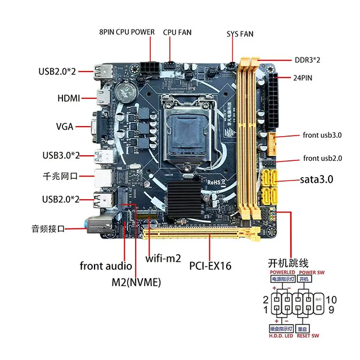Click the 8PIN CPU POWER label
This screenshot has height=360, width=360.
click(127, 32)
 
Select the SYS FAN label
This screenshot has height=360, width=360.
click(240, 34)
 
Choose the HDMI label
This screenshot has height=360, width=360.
click(69, 98)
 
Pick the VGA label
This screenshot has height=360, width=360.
click(65, 126)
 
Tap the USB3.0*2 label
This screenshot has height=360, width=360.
click(61, 155)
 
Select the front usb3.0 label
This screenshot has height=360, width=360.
click(323, 136)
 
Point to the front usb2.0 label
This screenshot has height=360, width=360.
click(323, 158)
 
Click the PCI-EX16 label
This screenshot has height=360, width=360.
click(211, 265)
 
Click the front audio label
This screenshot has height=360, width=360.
click(106, 266)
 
